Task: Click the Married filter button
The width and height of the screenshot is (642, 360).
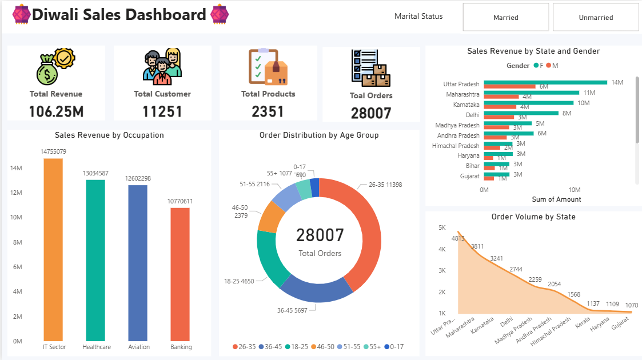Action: coord(505,17)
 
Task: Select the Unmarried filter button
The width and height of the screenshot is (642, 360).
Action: coord(595,17)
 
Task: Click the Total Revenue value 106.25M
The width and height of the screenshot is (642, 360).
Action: coord(56,111)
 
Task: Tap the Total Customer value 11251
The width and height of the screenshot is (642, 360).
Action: coord(162,111)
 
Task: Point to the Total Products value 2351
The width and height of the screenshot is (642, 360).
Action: coord(268,111)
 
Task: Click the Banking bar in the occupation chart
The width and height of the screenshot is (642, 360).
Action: coord(180,274)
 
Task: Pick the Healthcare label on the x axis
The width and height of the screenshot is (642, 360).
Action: coord(97,347)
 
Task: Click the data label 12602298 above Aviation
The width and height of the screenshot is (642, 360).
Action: coord(138,179)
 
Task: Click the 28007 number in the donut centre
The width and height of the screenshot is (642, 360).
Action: coord(320,235)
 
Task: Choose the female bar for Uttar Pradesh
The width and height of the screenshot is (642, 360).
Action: coord(545,82)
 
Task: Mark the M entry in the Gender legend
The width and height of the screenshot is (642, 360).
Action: coord(552,66)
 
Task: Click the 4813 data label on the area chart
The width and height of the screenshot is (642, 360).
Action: coord(457,238)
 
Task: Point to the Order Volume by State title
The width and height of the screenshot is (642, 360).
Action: coord(533,217)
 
